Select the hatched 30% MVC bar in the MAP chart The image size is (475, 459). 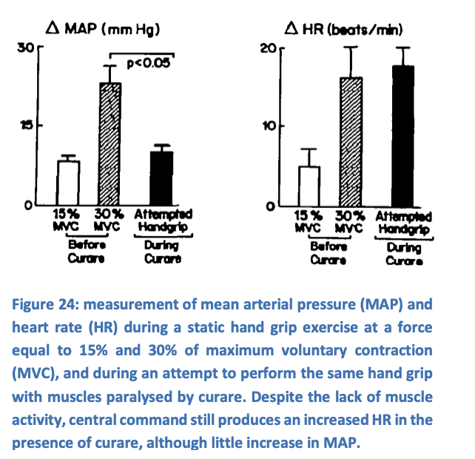pyautogui.click(x=111, y=144)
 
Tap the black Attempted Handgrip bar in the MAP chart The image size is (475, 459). pyautogui.click(x=162, y=178)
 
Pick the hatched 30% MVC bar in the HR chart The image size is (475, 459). pyautogui.click(x=351, y=141)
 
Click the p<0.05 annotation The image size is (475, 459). pyautogui.click(x=148, y=64)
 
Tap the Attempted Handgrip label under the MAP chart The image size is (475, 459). pyautogui.click(x=162, y=220)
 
